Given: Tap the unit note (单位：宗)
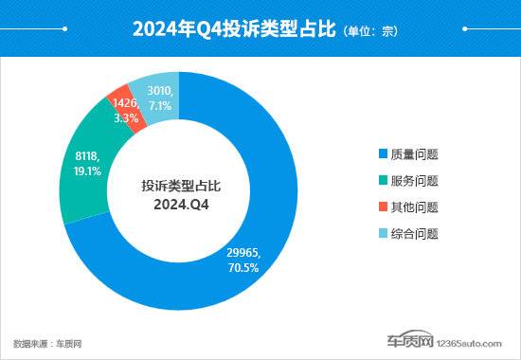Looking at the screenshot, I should click(368, 30).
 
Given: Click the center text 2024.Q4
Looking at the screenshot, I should click(180, 203).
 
